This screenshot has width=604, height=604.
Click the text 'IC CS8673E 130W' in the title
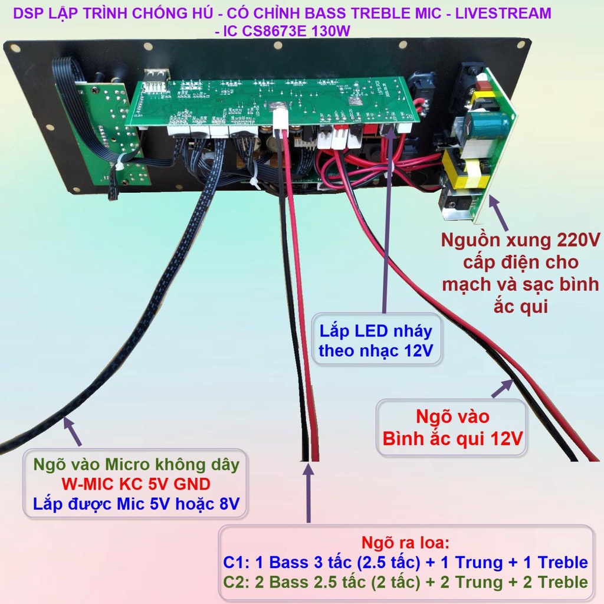tap(287, 31)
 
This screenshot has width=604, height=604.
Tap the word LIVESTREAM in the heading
tap(503, 13)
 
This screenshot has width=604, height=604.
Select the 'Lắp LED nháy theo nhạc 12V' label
tap(376, 340)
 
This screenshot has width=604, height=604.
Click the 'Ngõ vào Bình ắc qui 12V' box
tap(451, 427)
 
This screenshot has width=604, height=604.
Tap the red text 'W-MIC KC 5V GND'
tap(136, 484)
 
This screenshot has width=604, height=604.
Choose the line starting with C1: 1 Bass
tap(405, 562)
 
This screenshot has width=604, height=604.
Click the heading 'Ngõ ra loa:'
tap(405, 543)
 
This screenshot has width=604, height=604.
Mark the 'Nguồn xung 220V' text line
tap(520, 240)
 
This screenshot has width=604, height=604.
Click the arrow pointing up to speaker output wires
tap(308, 493)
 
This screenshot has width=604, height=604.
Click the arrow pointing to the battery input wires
tap(503, 388)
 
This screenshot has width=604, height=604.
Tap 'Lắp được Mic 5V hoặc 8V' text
tap(136, 504)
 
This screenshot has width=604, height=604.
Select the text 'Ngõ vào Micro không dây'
tap(136, 465)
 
